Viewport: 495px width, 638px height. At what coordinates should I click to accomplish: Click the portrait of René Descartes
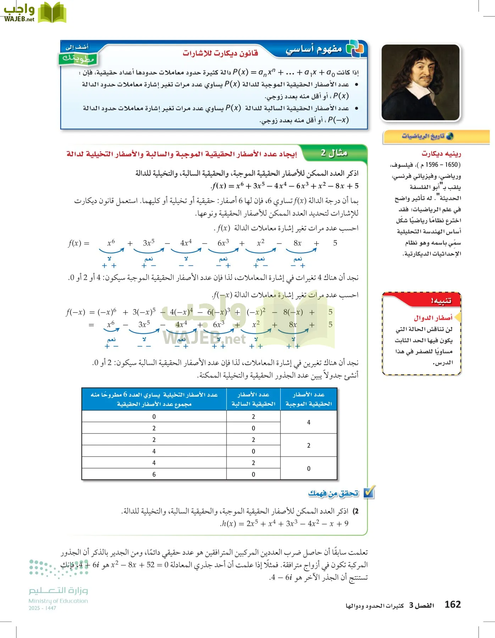421,82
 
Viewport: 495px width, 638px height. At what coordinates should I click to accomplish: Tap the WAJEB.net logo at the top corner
34,13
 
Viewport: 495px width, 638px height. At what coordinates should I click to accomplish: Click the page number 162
452,604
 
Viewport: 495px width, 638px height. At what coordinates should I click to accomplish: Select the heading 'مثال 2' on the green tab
334,153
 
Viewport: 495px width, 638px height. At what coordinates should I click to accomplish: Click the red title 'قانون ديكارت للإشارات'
220,54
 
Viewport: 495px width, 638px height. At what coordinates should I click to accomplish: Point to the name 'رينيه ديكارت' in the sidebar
441,153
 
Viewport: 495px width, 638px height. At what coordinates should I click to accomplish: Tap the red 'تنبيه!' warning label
441,301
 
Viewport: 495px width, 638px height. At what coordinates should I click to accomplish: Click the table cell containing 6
154,474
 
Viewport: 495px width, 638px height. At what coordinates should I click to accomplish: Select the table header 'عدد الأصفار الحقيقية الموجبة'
308,399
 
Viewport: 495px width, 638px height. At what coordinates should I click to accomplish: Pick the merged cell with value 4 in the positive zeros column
308,422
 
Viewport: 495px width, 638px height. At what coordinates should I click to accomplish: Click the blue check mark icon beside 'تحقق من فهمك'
369,493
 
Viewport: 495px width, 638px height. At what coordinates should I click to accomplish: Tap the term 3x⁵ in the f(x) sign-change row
149,243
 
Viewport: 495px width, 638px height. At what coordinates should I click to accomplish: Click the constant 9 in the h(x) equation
346,524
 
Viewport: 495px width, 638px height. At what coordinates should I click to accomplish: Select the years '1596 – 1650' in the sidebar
442,165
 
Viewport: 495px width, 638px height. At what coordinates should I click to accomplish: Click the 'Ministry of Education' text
58,601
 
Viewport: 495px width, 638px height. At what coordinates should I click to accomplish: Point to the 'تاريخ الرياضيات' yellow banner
436,136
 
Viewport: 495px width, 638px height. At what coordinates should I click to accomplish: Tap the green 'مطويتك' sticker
78,58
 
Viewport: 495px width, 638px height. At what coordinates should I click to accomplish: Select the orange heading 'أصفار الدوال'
433,318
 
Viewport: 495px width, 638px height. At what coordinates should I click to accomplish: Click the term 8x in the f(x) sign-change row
297,243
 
